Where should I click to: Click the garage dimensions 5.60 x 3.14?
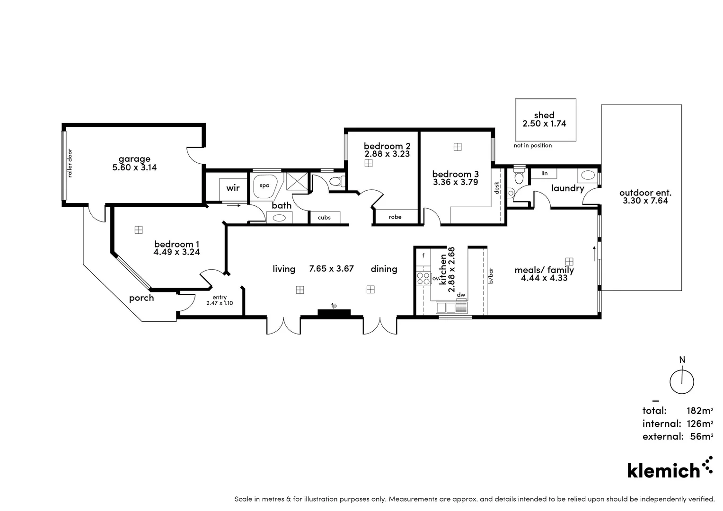coord(134,167)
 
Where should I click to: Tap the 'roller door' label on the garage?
coord(70,163)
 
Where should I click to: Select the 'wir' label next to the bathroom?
coord(233,188)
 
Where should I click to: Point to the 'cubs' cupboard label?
coord(324,218)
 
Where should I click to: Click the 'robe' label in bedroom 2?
coord(395,217)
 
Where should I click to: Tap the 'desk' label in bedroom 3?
coord(497,188)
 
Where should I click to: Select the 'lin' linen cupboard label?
coord(545,174)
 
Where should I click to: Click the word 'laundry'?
coord(567,188)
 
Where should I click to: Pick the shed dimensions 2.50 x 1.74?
coord(544,123)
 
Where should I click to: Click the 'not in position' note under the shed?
coord(533,146)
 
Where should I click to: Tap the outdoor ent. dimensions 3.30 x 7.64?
coord(645,201)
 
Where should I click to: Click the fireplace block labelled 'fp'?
coord(334,313)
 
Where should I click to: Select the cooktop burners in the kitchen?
coord(423,279)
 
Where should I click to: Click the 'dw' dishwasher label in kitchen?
coord(461,295)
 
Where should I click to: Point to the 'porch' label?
coord(141,298)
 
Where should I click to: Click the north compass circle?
coord(682,382)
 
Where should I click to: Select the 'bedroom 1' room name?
coord(173,244)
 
